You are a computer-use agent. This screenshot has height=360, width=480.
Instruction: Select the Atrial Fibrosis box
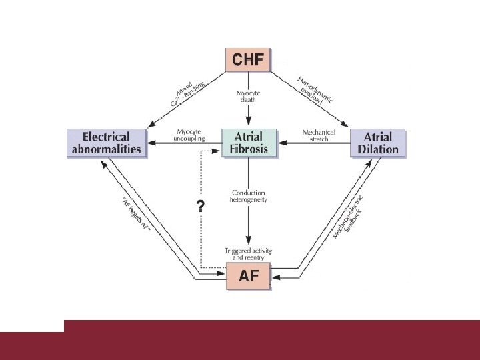[x=249, y=142]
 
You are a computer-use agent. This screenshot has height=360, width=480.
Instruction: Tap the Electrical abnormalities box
[x=107, y=142]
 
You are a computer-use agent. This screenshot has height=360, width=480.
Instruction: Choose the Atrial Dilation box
[x=378, y=142]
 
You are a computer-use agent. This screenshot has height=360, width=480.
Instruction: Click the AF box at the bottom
[x=248, y=275]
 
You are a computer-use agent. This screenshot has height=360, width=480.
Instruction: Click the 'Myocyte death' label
[x=248, y=97]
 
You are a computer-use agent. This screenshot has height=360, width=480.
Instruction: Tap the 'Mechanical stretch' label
[x=319, y=135]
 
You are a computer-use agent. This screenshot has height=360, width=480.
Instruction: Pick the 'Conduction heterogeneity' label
[x=249, y=196]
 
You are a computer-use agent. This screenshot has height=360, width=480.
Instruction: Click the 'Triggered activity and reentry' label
[x=249, y=253]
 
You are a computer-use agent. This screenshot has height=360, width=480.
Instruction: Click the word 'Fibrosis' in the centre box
[x=249, y=149]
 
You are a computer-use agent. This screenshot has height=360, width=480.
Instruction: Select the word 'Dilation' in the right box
[x=378, y=149]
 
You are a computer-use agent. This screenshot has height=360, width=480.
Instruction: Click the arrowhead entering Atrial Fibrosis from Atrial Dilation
[x=282, y=142]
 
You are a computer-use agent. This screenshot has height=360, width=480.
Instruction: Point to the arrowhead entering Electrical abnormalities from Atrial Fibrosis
[x=151, y=142]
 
